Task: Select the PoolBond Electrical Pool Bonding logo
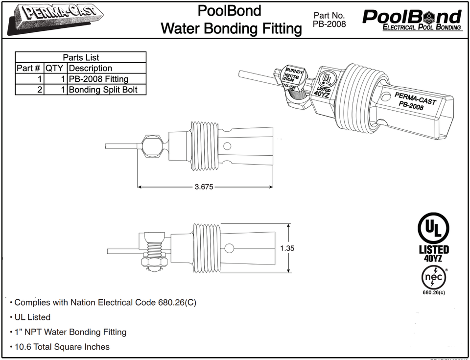(412, 20)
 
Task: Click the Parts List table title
(81, 57)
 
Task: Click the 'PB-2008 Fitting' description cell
(98, 79)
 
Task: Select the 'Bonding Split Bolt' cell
(103, 90)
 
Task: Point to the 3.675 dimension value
(204, 187)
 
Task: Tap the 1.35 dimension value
(287, 248)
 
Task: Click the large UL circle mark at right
(433, 229)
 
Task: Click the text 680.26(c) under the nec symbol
(434, 293)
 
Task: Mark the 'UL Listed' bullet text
(32, 317)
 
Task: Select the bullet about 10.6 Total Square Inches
(62, 347)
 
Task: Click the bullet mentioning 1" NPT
(70, 332)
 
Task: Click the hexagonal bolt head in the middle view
(151, 146)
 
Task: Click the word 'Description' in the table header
(91, 68)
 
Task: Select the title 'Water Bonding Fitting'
(231, 28)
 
